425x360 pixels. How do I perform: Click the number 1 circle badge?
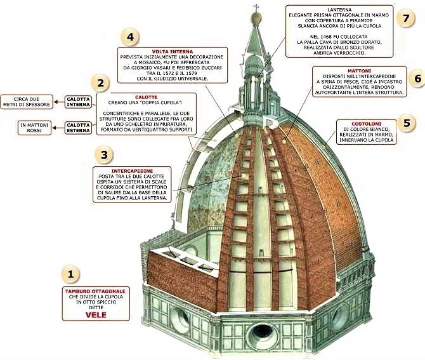pos(71,274)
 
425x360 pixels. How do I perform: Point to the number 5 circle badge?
pos(407,123)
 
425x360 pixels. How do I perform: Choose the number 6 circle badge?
pos(417,78)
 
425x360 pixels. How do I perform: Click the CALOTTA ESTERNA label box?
pos(79,126)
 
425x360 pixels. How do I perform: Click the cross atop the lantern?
pos(257,9)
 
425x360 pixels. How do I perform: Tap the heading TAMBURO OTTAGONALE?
pos(96,291)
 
